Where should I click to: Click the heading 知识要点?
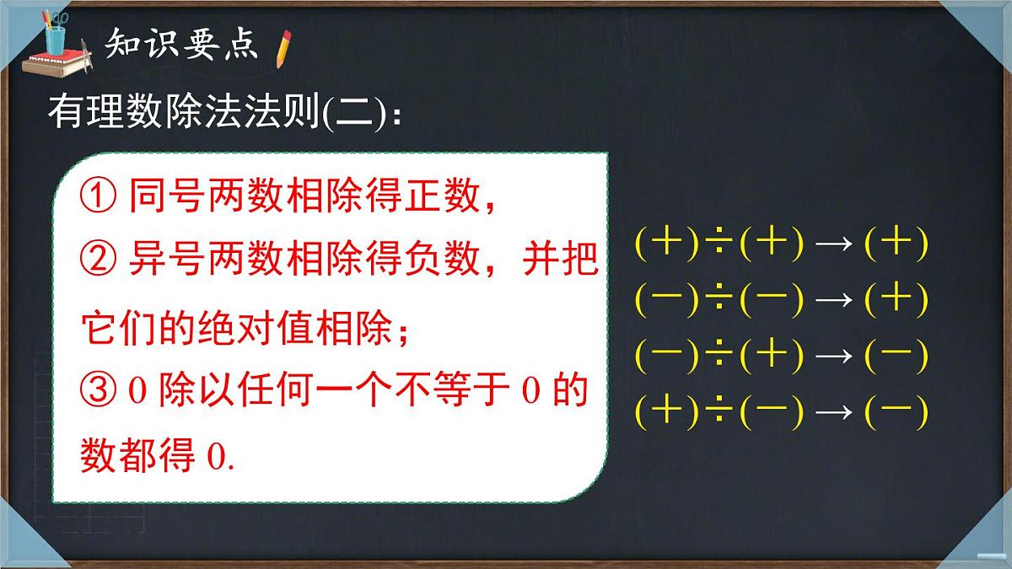[x=180, y=45]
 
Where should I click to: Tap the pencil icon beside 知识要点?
[x=284, y=48]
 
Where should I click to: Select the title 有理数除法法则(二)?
[x=223, y=114]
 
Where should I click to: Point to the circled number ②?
[x=100, y=262]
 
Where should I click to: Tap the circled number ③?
[x=100, y=392]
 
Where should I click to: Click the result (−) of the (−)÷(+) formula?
[x=896, y=357]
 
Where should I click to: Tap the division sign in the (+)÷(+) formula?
[x=719, y=245]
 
